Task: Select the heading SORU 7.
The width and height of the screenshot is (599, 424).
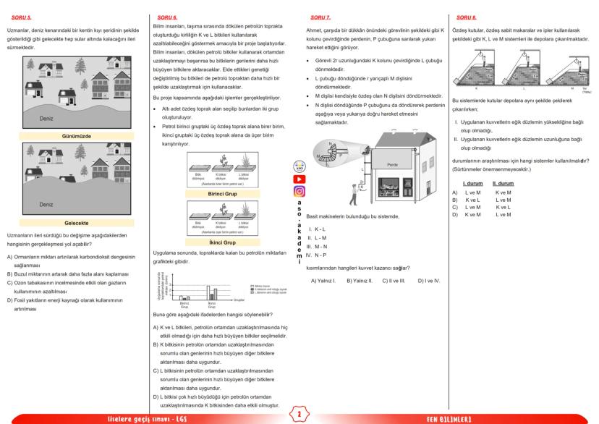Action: (x=320, y=15)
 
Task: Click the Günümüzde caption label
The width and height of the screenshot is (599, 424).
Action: (x=71, y=135)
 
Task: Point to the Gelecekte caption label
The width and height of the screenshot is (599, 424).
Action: (x=71, y=224)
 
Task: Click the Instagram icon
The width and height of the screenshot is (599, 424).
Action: (x=299, y=192)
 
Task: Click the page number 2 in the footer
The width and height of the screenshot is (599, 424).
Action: (x=299, y=415)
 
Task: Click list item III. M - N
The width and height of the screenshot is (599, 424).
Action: (x=318, y=246)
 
